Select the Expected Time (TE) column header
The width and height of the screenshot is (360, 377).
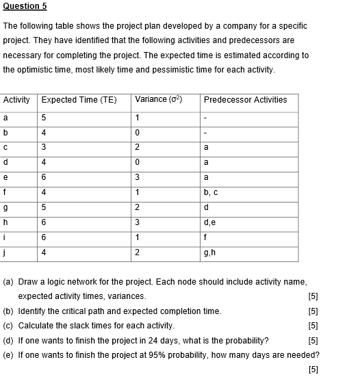pos(79,100)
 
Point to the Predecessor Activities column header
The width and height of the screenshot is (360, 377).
pos(245,100)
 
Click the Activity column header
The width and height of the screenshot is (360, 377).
pos(16,100)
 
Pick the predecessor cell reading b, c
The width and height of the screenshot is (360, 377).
pos(210,194)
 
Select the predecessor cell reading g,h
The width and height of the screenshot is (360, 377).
pos(209,253)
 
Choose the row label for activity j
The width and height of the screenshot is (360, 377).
pos(5,253)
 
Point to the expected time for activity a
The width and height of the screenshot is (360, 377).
pos(44,117)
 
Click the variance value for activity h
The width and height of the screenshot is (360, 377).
pos(138,223)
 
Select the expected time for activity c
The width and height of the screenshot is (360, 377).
pos(44,146)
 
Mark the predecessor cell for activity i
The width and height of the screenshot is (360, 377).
pos(206,238)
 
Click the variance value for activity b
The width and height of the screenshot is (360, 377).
pos(138,132)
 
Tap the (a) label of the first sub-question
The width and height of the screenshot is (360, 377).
pos(9,282)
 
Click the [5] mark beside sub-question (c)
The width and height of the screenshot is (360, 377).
pos(314,326)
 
